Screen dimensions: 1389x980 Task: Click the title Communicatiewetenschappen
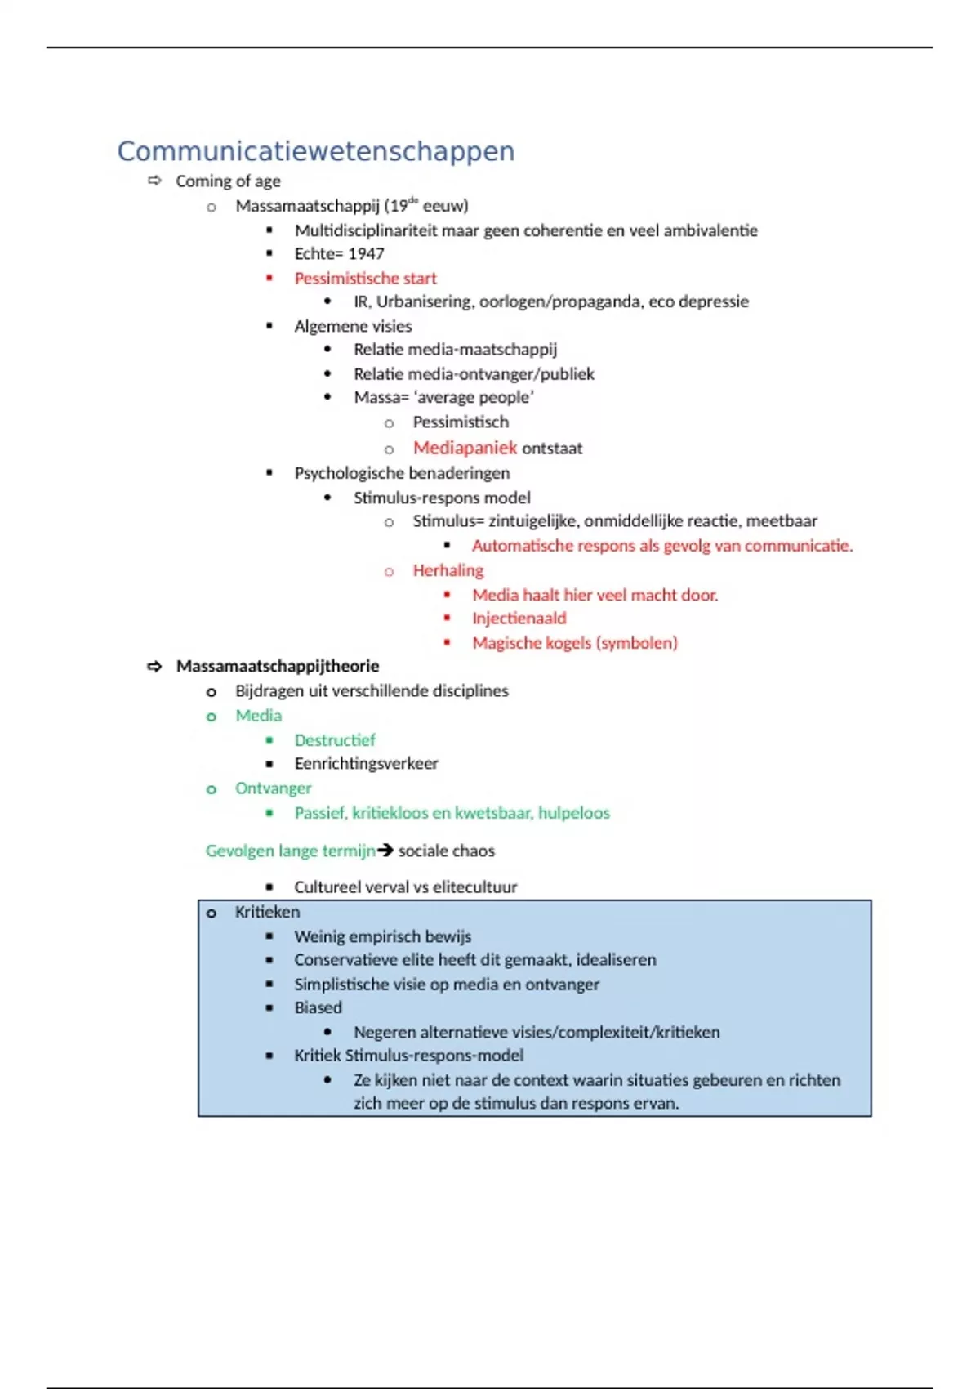click(x=316, y=151)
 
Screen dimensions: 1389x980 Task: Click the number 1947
click(x=366, y=254)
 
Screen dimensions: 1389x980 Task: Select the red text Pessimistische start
click(x=365, y=279)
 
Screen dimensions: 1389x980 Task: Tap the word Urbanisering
click(x=424, y=301)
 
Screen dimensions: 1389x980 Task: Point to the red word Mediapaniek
click(x=465, y=448)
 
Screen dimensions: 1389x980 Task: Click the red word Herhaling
click(x=448, y=570)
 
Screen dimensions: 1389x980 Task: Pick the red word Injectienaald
click(x=519, y=619)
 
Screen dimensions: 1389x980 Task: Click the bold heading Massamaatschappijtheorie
click(x=278, y=666)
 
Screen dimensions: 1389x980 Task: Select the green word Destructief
click(x=335, y=740)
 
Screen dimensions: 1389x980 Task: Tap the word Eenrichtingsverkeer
click(x=366, y=764)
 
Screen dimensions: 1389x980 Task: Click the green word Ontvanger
click(x=273, y=788)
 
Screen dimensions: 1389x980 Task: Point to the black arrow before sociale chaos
click(x=385, y=851)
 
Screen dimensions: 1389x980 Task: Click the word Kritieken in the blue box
click(x=267, y=912)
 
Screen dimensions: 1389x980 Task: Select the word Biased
click(x=318, y=1007)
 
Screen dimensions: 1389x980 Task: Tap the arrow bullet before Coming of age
click(x=154, y=181)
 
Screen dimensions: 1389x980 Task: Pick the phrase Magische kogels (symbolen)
click(x=574, y=643)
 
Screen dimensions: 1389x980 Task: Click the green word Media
click(x=258, y=716)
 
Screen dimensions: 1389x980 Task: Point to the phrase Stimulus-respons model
click(x=442, y=498)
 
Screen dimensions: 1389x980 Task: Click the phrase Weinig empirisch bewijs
click(x=382, y=936)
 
